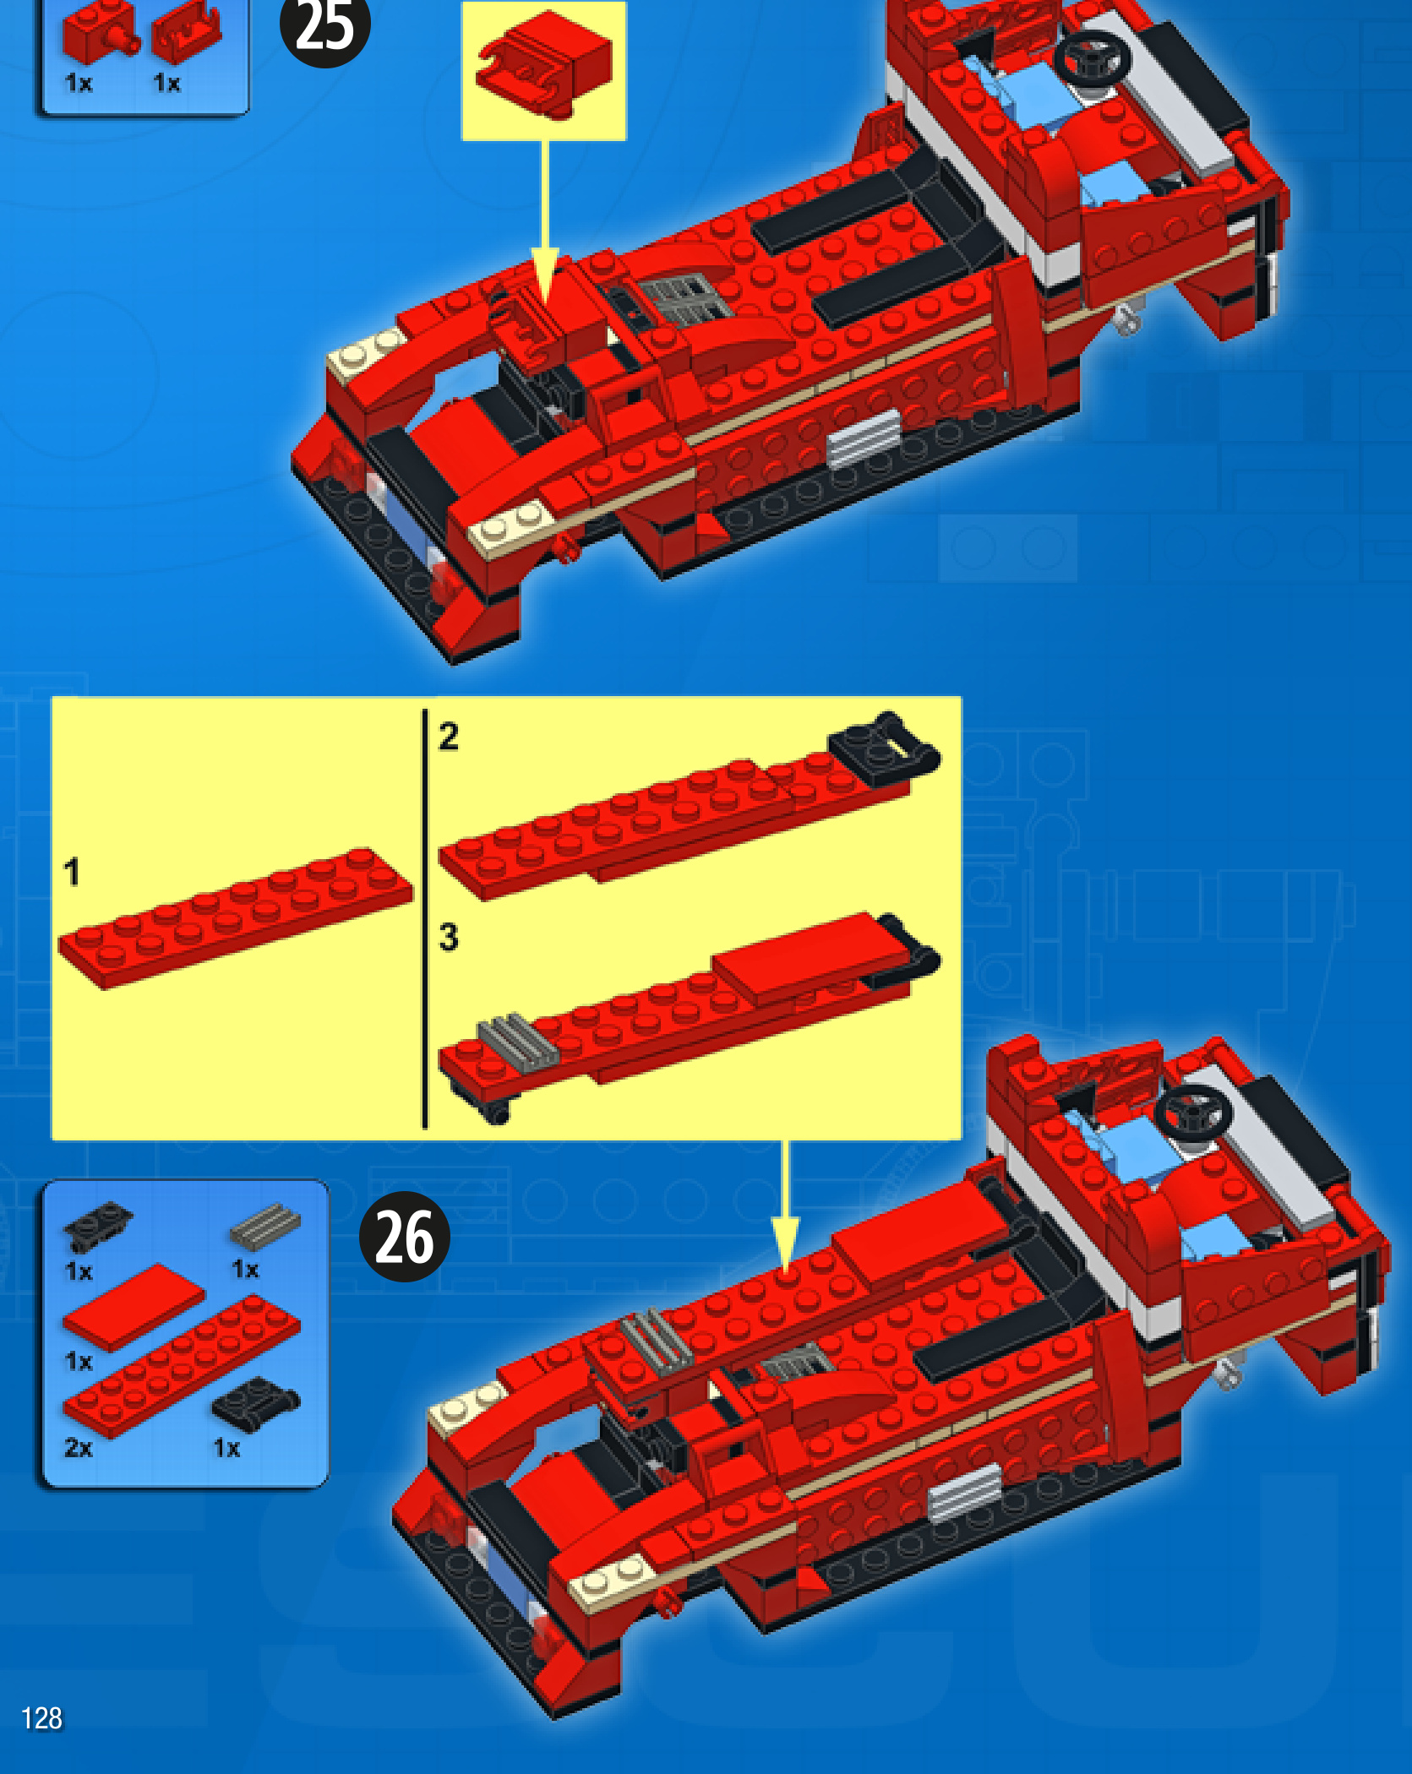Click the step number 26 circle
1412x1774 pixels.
(x=404, y=1237)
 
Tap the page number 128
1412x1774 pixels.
(x=41, y=1717)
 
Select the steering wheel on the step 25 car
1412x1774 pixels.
(x=1093, y=57)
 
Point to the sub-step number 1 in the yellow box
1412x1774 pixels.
(x=72, y=872)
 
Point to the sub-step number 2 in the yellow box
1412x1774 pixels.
(x=449, y=737)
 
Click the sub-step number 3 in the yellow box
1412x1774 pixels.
(x=449, y=937)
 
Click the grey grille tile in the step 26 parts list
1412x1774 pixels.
(x=264, y=1227)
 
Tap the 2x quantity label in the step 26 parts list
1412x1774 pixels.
(x=78, y=1448)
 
